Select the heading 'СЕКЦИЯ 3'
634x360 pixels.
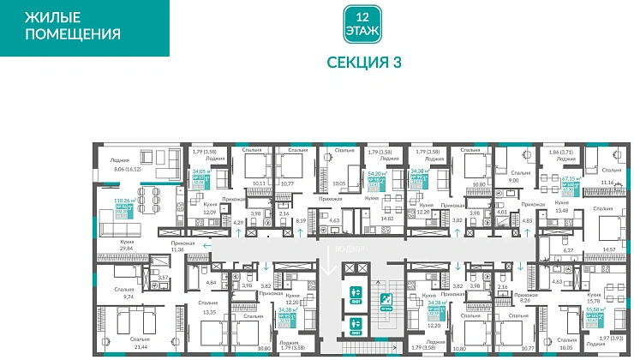[x=364, y=63]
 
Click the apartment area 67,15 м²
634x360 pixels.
[x=571, y=180]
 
